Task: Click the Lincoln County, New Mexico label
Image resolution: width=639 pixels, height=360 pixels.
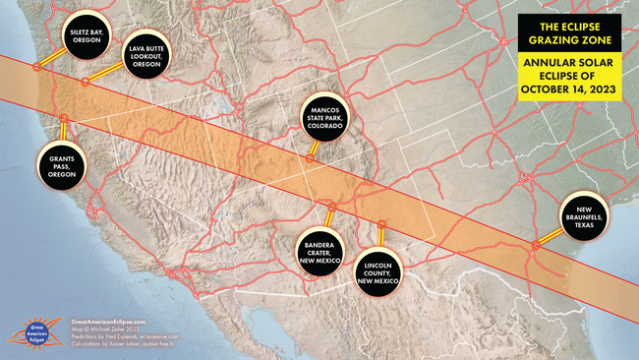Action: [379, 266]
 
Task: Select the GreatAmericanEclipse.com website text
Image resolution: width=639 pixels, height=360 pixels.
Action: [109, 321]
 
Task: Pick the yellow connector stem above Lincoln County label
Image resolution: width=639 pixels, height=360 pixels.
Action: [380, 232]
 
